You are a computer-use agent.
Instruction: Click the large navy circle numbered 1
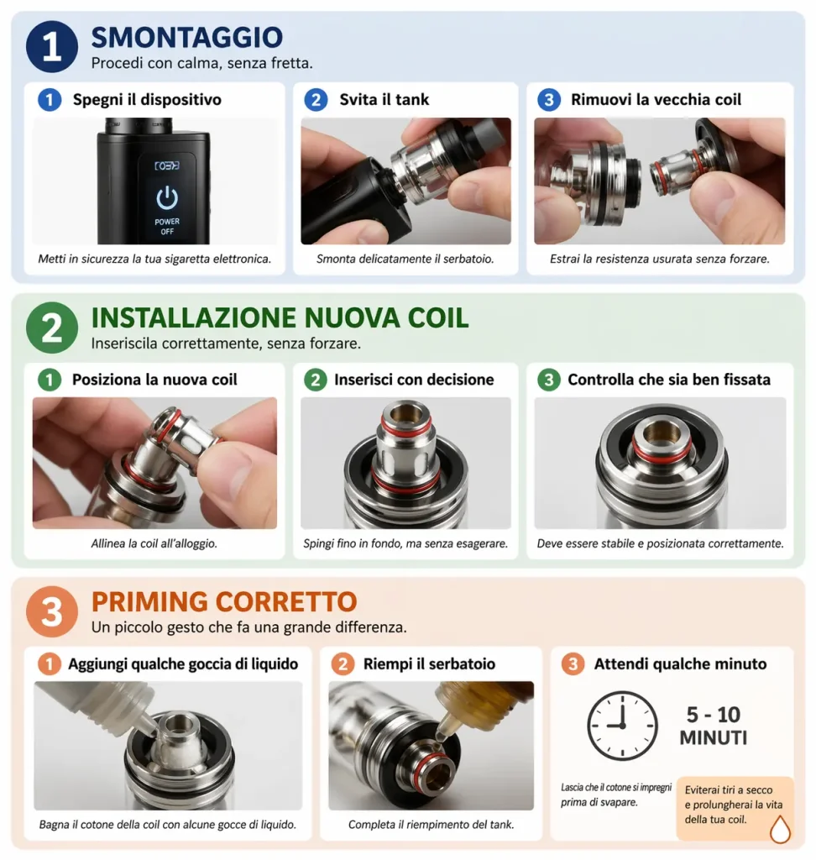52,47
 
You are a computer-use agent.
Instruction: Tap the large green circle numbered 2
52,328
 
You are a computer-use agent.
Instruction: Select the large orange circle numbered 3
52,611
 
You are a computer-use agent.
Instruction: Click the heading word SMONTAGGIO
187,37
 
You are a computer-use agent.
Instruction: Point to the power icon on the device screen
167,198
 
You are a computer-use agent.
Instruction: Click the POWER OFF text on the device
167,227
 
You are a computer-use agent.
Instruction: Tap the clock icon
622,726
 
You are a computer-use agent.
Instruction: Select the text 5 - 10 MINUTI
714,726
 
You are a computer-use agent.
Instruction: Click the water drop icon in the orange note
780,829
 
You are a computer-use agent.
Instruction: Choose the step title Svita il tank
384,99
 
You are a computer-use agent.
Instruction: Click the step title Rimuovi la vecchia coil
656,99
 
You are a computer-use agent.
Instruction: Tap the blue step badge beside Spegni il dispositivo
50,100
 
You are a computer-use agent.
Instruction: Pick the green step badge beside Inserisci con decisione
316,380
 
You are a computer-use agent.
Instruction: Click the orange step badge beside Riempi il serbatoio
343,664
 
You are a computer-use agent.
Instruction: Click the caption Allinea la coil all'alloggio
154,543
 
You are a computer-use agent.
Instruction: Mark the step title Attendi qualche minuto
681,663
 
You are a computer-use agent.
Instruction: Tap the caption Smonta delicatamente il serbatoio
405,259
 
